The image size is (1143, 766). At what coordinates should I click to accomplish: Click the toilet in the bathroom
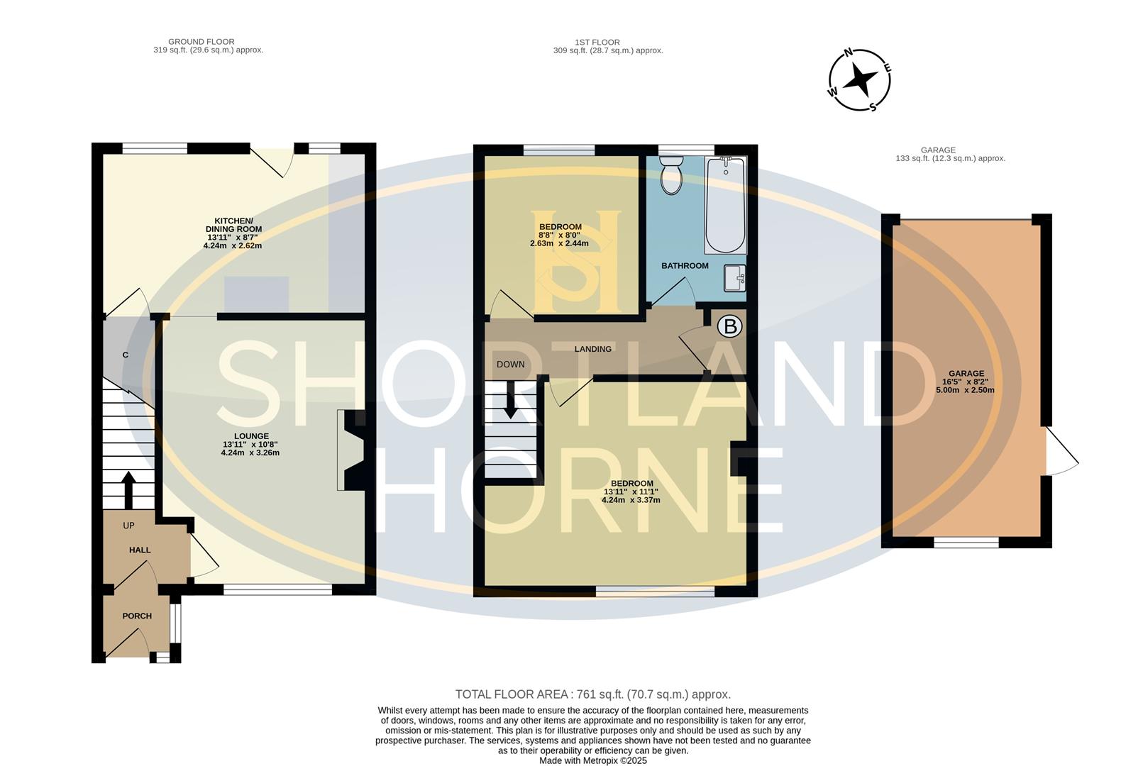(671, 175)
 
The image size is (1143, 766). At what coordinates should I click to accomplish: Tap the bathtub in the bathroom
(726, 204)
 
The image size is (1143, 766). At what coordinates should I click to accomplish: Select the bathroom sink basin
(735, 278)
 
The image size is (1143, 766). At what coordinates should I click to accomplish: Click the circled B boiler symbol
(729, 326)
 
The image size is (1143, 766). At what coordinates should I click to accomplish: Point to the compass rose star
(860, 80)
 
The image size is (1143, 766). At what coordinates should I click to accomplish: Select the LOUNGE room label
(251, 436)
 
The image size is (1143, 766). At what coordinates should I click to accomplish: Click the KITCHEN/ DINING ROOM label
(233, 225)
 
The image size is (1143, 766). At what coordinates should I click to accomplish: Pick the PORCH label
(137, 616)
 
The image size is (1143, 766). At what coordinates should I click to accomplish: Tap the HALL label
(140, 550)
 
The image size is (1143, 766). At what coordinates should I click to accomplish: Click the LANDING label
(592, 349)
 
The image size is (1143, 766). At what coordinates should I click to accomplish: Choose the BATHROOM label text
(685, 266)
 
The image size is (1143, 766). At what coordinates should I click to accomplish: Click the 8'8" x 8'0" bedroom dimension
(559, 235)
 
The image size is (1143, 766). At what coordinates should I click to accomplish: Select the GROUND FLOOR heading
(201, 42)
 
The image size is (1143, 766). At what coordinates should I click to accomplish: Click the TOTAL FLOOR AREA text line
(593, 694)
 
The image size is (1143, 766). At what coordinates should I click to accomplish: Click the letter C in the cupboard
(125, 355)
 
